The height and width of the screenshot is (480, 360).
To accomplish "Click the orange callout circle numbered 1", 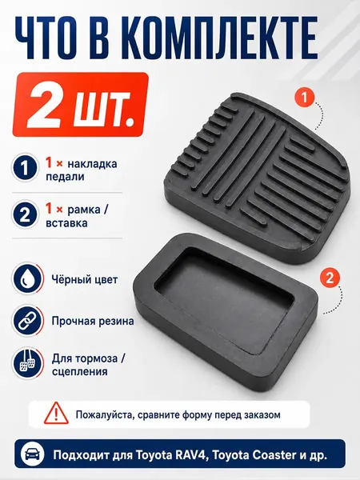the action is (304, 98).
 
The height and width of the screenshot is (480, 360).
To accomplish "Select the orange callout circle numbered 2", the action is (329, 278).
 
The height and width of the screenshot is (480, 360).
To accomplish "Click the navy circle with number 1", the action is (25, 167).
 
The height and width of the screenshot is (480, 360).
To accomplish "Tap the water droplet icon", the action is (27, 279).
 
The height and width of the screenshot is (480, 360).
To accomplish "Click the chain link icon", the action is (27, 321).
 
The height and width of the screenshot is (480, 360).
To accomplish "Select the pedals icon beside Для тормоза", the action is (27, 363).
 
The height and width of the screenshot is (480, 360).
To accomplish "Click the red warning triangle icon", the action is (56, 413).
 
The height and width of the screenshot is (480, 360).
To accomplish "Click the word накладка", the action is (92, 164).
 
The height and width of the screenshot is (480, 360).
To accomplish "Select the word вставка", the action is (66, 223).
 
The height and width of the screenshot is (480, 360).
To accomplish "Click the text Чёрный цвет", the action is (85, 279).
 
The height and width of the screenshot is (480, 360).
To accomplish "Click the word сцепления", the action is (79, 372).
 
